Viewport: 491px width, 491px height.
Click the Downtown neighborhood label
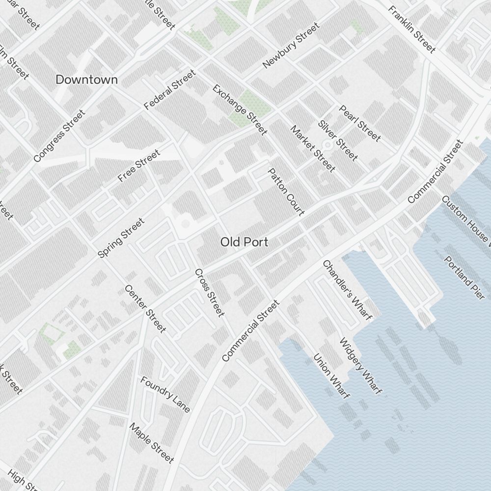point(86,80)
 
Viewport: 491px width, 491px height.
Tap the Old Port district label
point(244,242)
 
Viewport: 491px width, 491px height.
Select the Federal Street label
point(170,90)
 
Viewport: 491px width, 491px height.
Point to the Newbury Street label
point(291,46)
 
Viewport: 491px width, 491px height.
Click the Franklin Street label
point(411,29)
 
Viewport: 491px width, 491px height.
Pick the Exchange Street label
point(240,109)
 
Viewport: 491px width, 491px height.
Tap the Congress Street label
point(59,136)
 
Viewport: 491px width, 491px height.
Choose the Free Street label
point(139,166)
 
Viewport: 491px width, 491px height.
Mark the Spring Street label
point(121,238)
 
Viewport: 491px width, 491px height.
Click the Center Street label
point(145,308)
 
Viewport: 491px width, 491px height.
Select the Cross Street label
point(210,293)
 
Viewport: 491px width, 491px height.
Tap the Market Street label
point(313,149)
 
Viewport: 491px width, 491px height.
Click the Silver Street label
point(338,140)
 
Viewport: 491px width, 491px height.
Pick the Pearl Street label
point(360,123)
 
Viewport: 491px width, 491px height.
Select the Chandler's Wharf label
point(347,290)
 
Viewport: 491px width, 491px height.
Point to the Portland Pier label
point(464,278)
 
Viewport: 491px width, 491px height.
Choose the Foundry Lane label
point(165,394)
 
